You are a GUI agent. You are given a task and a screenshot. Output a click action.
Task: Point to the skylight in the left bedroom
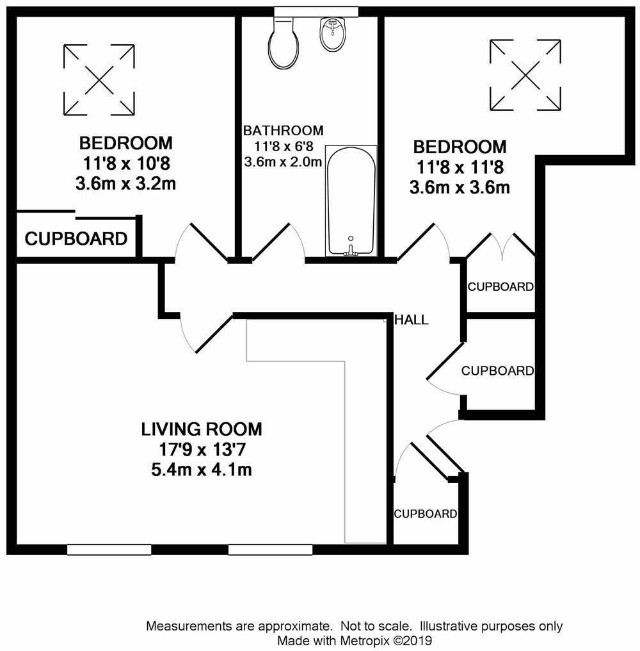coord(100,79)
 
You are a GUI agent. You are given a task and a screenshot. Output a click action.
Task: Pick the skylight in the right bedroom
coord(525,74)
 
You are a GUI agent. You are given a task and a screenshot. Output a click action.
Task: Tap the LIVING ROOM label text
coord(202,429)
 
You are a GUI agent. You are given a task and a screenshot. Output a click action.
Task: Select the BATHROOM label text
coord(283,131)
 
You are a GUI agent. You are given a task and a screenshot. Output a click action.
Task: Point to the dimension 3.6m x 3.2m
coord(125,185)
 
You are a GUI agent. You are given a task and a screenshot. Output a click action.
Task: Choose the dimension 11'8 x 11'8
coord(460,168)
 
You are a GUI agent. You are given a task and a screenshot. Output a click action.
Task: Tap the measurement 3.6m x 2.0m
coord(283,161)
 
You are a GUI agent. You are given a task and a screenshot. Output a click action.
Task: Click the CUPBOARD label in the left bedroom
coord(76,240)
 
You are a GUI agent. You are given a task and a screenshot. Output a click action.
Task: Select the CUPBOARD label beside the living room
coord(425,514)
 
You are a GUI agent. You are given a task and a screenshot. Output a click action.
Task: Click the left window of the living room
coord(109,549)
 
